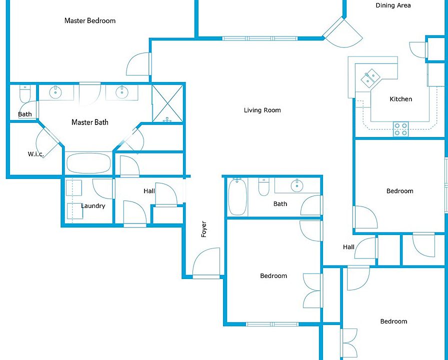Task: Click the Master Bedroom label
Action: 90,20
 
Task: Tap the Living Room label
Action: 262,110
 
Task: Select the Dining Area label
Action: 393,5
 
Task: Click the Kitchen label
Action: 401,99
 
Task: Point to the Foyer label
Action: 204,229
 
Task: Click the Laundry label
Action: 93,206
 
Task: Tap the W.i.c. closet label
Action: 36,154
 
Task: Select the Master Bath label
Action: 90,122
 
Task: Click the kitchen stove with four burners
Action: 401,129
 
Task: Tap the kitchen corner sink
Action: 370,77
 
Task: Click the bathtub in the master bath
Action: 88,163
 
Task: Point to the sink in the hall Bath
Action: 297,185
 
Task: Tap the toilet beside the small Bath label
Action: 25,93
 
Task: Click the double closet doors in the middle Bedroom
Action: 313,290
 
